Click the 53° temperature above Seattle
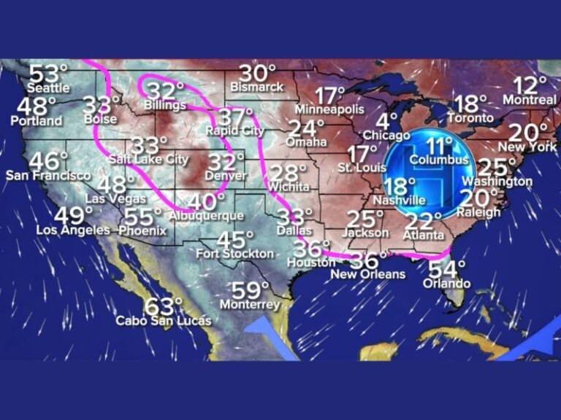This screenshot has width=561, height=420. click(x=47, y=74)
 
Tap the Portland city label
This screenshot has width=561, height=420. click(x=37, y=120)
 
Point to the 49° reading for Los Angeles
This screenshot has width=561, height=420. click(x=74, y=216)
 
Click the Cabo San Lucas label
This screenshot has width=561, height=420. click(x=164, y=321)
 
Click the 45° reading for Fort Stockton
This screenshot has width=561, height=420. click(x=235, y=239)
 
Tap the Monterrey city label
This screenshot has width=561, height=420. click(x=250, y=304)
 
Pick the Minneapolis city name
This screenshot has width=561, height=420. click(x=329, y=109)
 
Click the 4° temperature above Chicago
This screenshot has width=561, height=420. click(x=388, y=120)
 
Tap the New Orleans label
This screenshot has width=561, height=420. click(x=367, y=275)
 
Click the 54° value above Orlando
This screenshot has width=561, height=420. click(x=446, y=269)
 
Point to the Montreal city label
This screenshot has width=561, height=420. click(x=530, y=99)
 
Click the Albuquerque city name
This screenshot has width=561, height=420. click(x=206, y=216)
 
